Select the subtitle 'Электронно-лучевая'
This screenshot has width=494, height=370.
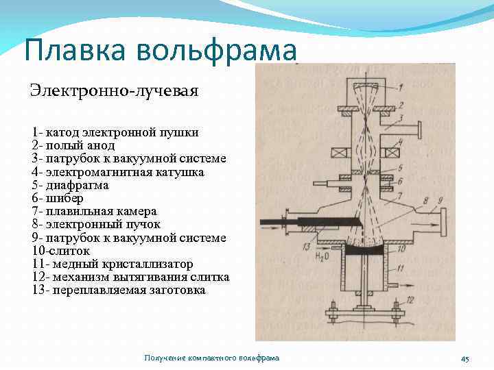click(x=113, y=90)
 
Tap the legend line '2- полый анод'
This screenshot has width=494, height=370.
click(x=73, y=145)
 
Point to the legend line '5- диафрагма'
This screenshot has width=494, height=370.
click(x=70, y=185)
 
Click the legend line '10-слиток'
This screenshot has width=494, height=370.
click(x=60, y=251)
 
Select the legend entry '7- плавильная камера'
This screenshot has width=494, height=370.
click(x=94, y=212)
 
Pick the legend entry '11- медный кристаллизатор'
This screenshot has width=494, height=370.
click(x=112, y=264)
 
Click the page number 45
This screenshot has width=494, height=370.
click(x=464, y=359)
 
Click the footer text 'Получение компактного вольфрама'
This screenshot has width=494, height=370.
click(x=212, y=358)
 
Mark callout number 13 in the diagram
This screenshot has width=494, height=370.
click(x=306, y=246)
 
